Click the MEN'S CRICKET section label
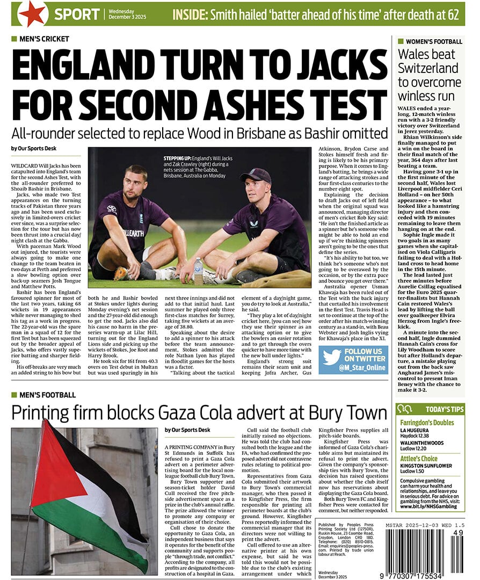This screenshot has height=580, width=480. coord(45,39)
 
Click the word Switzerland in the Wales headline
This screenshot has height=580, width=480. coord(428,68)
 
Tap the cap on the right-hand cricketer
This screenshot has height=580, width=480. coord(256,175)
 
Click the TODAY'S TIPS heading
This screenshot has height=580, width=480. coord(444,409)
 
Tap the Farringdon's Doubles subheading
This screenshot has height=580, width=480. coord(427,423)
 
